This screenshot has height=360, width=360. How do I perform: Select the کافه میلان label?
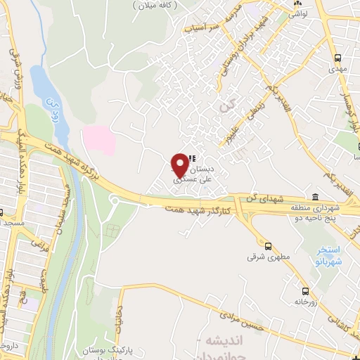pos(154,5)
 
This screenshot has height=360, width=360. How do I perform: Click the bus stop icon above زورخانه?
pos(304,291)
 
